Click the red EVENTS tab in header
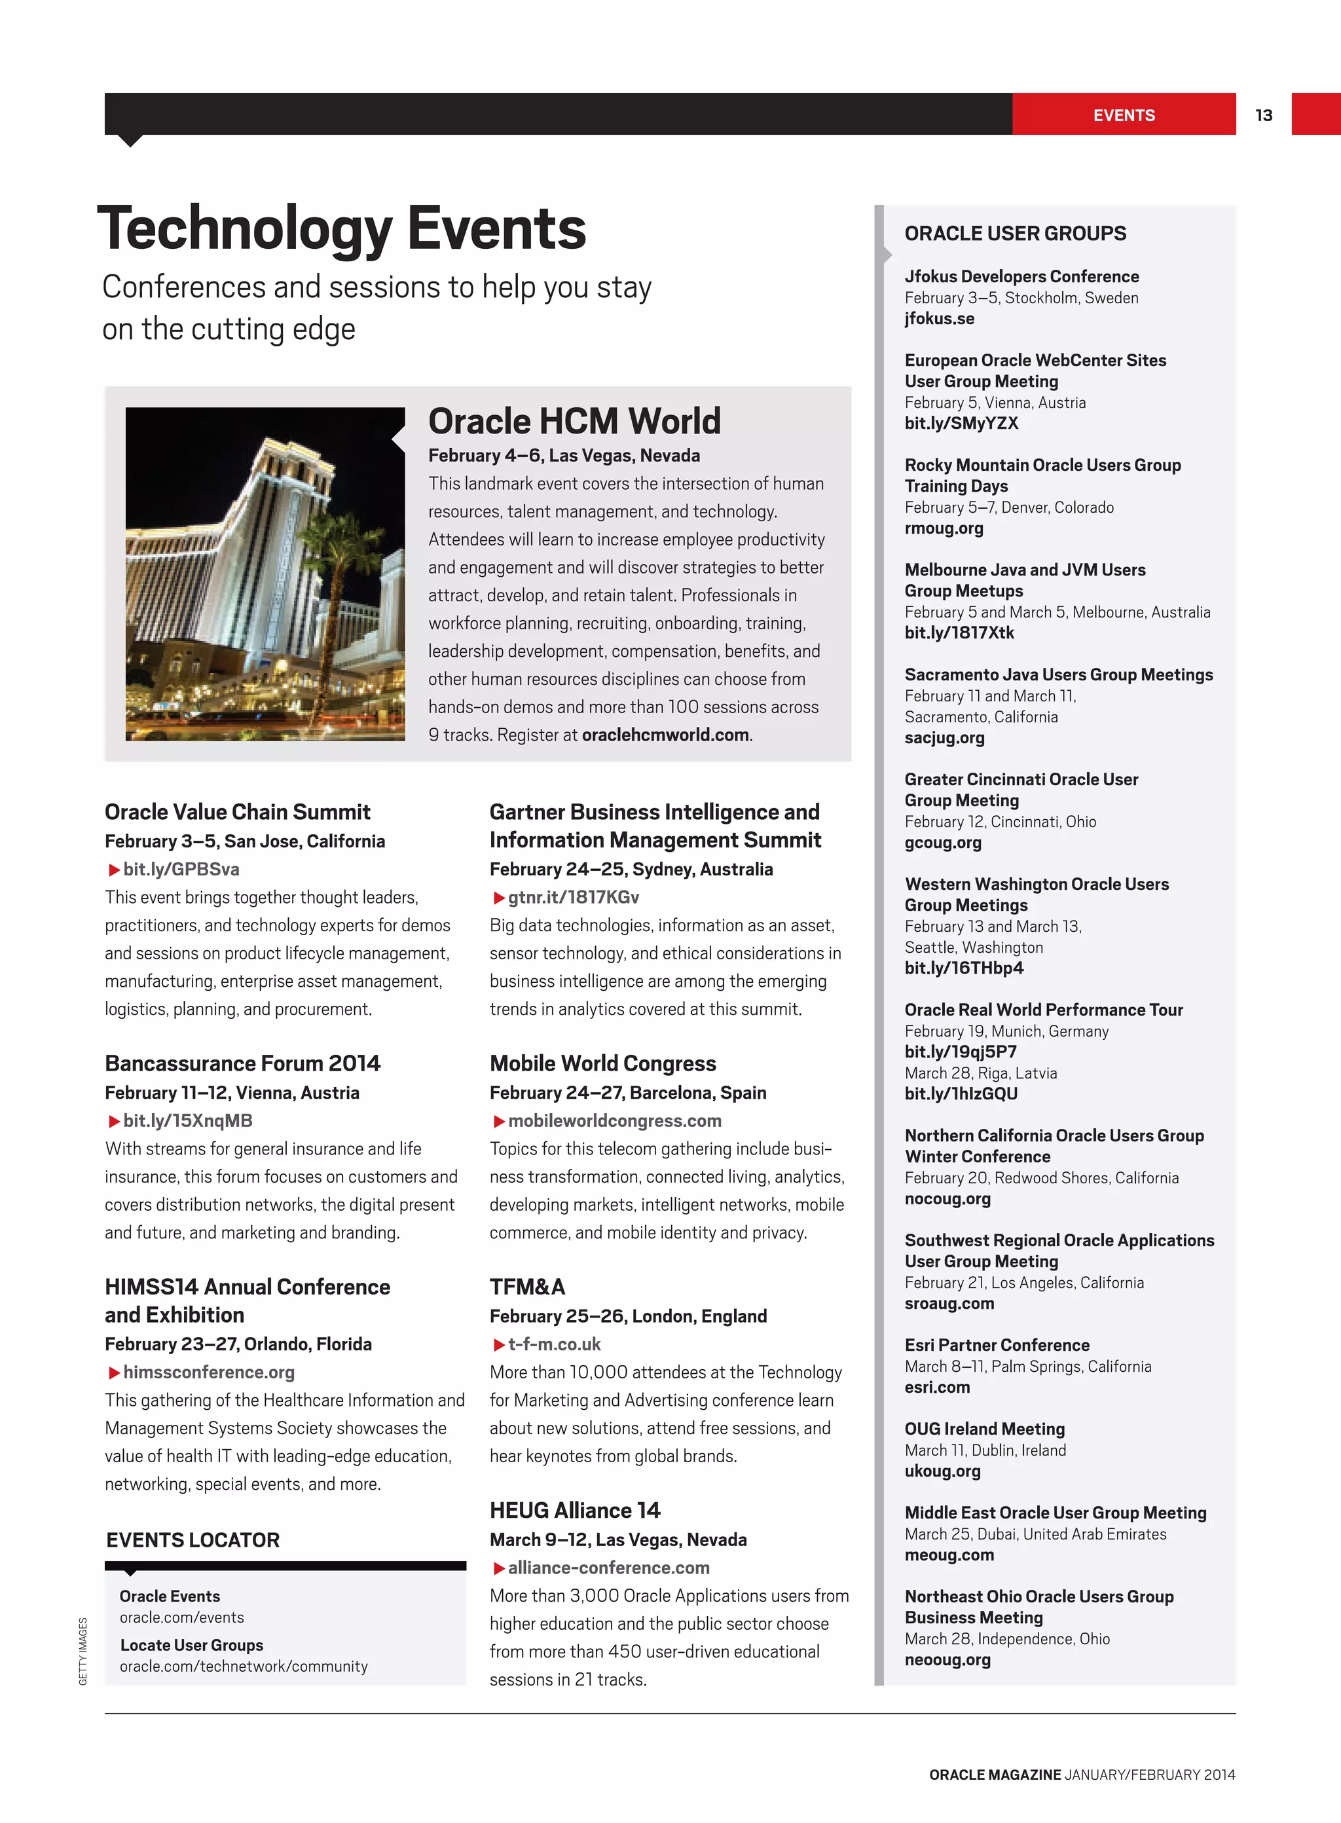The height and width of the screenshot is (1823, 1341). point(1124,115)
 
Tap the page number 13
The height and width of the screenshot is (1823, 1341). point(1263,115)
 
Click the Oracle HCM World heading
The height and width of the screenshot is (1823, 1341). point(574,421)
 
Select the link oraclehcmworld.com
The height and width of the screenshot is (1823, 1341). point(665,735)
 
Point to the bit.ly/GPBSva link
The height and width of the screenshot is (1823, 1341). point(180,870)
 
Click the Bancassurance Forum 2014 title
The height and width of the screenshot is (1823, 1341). point(242,1063)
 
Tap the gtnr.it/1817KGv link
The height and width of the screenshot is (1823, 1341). point(572,897)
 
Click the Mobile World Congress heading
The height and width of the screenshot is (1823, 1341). point(602,1063)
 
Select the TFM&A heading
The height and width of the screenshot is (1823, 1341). point(527,1287)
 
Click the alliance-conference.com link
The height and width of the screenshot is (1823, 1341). point(608,1568)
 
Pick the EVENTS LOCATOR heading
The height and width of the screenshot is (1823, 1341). point(193,1539)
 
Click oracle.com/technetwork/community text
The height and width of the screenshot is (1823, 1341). point(244,1666)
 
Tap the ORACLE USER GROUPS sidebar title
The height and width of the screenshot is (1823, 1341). point(1015,234)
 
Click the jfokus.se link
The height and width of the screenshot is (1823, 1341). point(939,318)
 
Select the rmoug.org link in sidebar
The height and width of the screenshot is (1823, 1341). point(944,528)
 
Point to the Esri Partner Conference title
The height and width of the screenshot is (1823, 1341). point(997,1345)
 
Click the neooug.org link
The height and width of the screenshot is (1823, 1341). point(947,1660)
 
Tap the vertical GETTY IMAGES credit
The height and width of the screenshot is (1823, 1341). point(83,1651)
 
